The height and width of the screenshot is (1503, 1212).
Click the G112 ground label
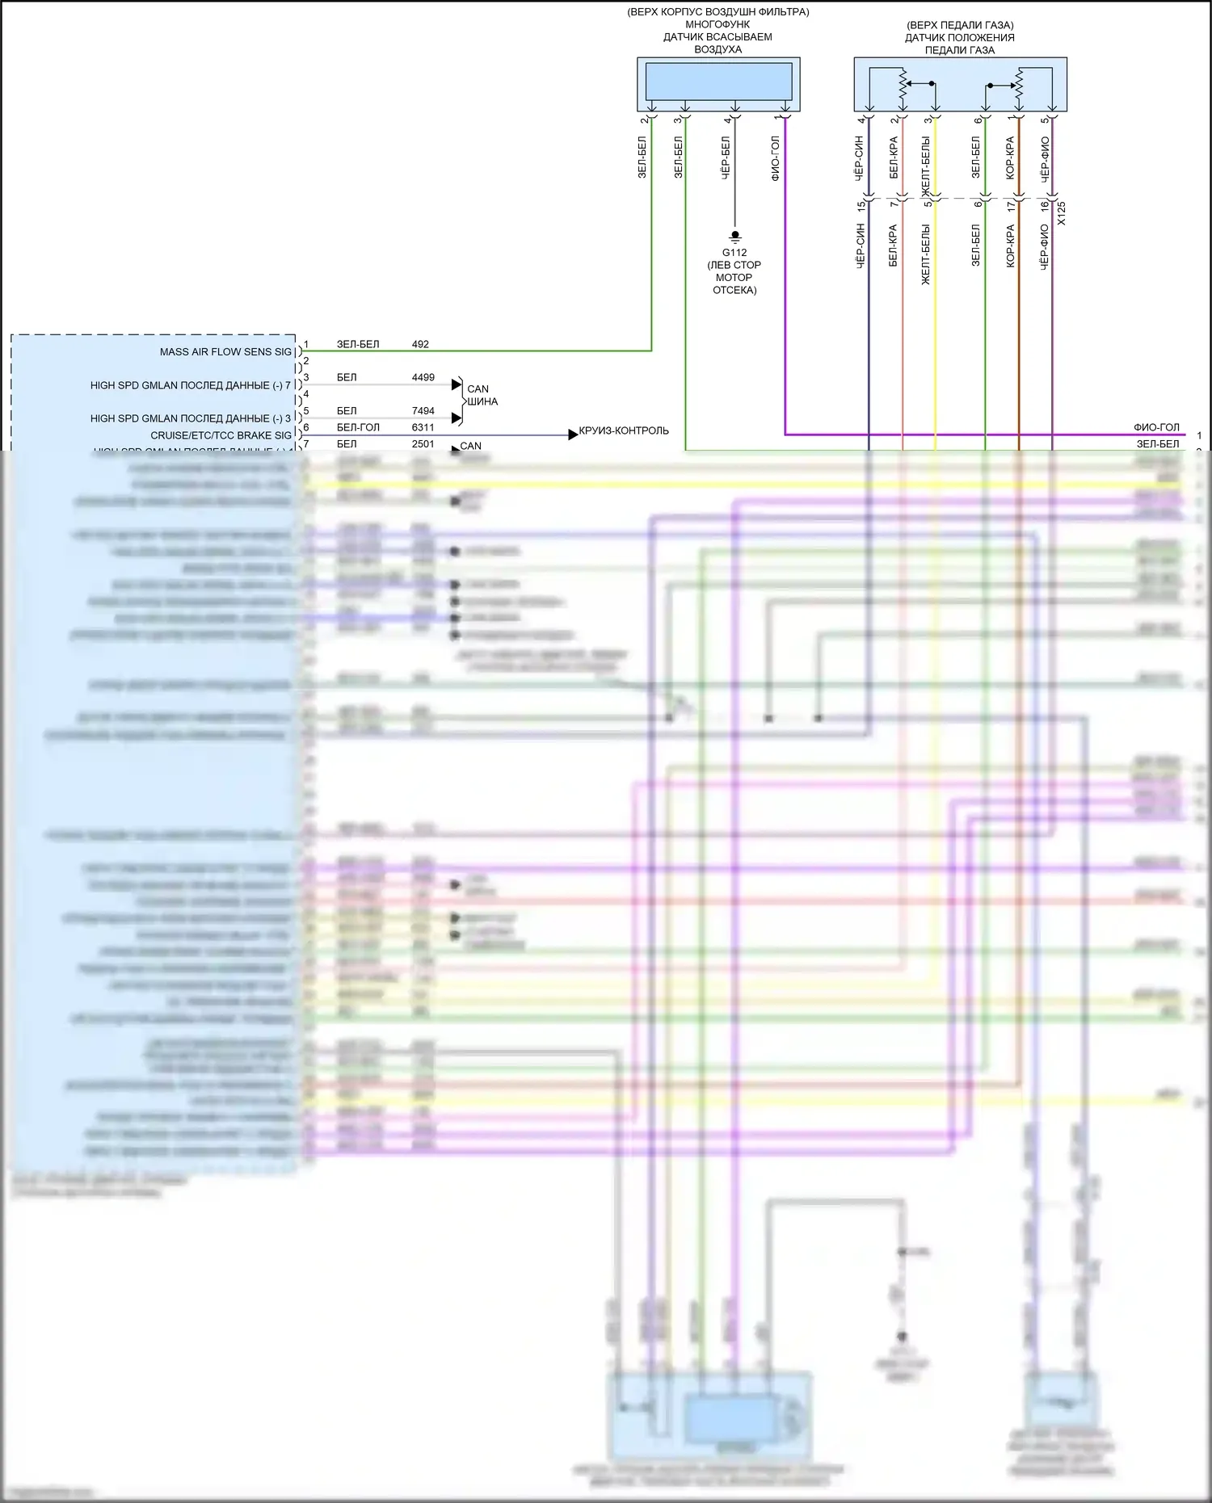734,253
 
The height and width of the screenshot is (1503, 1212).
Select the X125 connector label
1062,213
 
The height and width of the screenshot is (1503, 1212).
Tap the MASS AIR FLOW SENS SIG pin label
225,352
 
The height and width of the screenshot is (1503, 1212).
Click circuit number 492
420,344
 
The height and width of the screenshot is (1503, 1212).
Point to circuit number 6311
423,427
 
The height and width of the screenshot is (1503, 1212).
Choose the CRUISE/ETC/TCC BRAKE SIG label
221,435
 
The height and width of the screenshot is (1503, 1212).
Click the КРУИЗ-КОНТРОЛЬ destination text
624,430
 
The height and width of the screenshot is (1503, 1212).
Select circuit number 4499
423,377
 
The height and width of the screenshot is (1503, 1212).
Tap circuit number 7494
423,411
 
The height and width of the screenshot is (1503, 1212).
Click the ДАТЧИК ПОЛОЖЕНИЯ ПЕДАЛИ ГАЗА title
959,44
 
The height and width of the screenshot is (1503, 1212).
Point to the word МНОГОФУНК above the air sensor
718,24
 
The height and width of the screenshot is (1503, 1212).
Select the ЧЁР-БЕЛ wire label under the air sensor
726,157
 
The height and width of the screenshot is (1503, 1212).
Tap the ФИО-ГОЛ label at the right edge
1156,427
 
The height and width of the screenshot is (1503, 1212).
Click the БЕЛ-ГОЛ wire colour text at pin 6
358,427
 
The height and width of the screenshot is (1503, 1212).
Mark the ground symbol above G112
734,236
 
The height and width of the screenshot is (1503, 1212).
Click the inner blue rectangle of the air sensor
718,81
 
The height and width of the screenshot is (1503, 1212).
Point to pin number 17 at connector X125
1012,207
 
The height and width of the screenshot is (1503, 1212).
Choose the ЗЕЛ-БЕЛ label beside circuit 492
358,344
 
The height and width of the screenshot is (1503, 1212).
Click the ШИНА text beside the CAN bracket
482,401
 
